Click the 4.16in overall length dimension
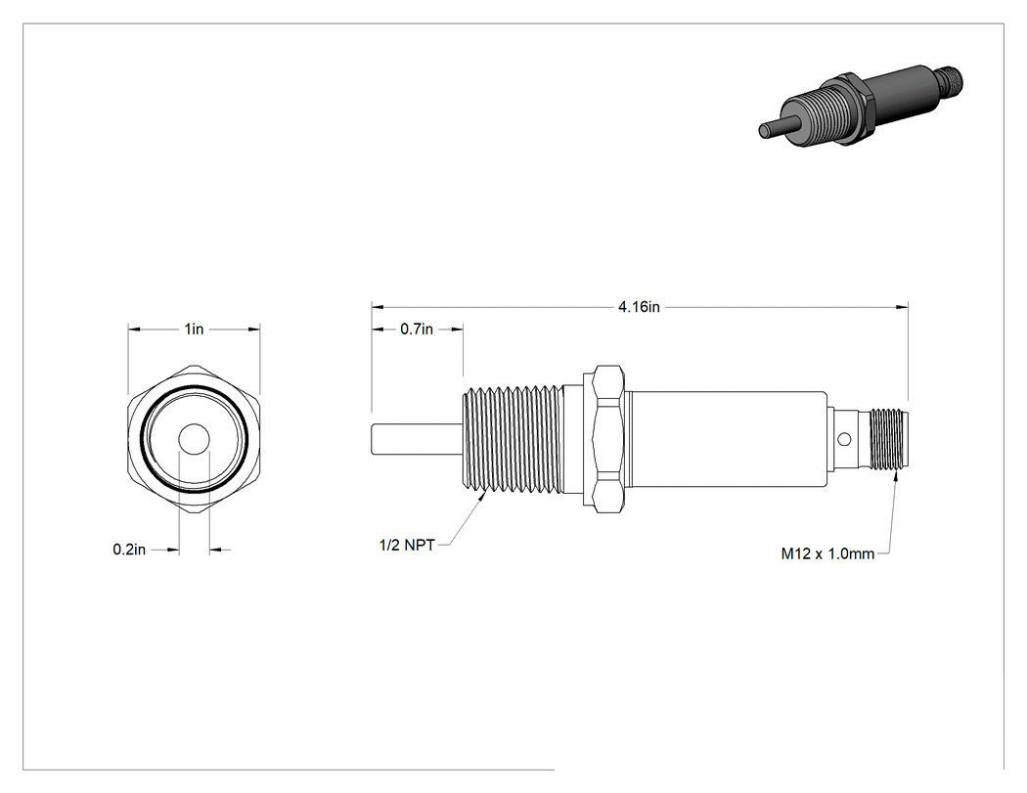tap(639, 306)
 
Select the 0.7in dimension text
tap(417, 329)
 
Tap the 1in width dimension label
tap(194, 329)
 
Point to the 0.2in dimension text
tap(129, 550)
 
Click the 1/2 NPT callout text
tap(407, 545)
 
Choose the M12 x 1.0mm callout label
tap(827, 554)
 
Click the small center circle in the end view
tap(194, 439)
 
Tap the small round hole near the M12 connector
tap(846, 439)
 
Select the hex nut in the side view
tap(607, 439)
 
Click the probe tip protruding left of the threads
tap(417, 439)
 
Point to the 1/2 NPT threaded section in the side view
tap(513, 439)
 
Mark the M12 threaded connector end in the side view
tap(888, 439)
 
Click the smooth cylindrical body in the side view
tap(727, 439)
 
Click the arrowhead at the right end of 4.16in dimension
tap(903, 306)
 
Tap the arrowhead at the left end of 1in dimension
tap(134, 329)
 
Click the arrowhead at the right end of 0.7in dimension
tap(457, 329)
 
